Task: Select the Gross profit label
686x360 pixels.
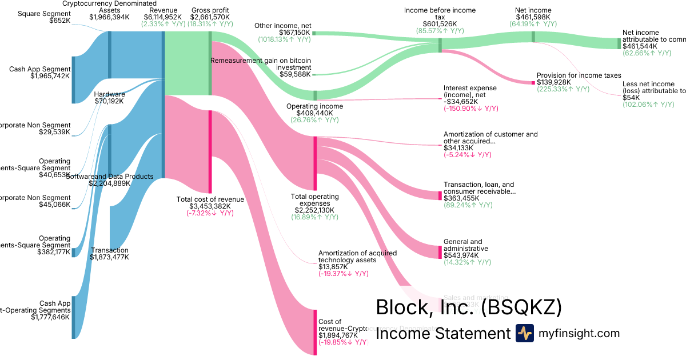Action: (210, 10)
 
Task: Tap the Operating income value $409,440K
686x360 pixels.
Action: (314, 113)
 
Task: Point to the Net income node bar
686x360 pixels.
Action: (533, 37)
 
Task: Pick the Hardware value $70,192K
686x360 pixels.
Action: (109, 101)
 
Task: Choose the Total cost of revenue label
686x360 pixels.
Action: (210, 199)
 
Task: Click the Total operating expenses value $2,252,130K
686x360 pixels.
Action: (315, 210)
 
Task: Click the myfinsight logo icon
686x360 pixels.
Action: (524, 333)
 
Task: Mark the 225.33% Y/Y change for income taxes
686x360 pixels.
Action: (563, 89)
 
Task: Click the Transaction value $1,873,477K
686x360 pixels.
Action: (109, 257)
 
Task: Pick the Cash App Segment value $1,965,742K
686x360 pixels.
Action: (50, 75)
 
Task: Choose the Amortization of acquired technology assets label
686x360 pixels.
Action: (357, 256)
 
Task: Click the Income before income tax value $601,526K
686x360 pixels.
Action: (440, 24)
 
